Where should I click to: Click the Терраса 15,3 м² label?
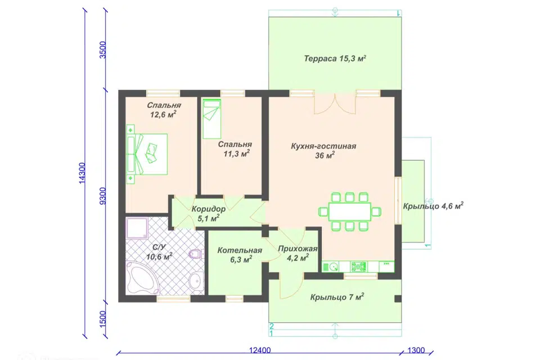click(335, 58)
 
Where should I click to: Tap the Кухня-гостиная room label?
click(323, 151)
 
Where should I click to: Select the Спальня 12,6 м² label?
click(164, 110)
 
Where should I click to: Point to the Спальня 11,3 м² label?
click(235, 149)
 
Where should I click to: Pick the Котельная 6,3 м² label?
click(240, 255)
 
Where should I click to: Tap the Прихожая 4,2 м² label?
click(298, 253)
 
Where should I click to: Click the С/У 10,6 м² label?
click(159, 252)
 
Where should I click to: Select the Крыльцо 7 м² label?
click(337, 297)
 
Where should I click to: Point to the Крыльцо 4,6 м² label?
click(433, 206)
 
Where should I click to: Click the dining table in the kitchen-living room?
click(350, 212)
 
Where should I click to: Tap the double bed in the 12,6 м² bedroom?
click(147, 154)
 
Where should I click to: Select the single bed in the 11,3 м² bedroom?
click(211, 119)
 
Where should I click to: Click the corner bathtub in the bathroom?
click(142, 278)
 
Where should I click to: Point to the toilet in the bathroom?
click(195, 254)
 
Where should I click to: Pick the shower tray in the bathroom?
click(137, 228)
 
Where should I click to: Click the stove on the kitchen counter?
click(358, 267)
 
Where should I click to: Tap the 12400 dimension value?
click(260, 350)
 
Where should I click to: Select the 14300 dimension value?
click(82, 173)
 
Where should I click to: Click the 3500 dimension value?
click(102, 50)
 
